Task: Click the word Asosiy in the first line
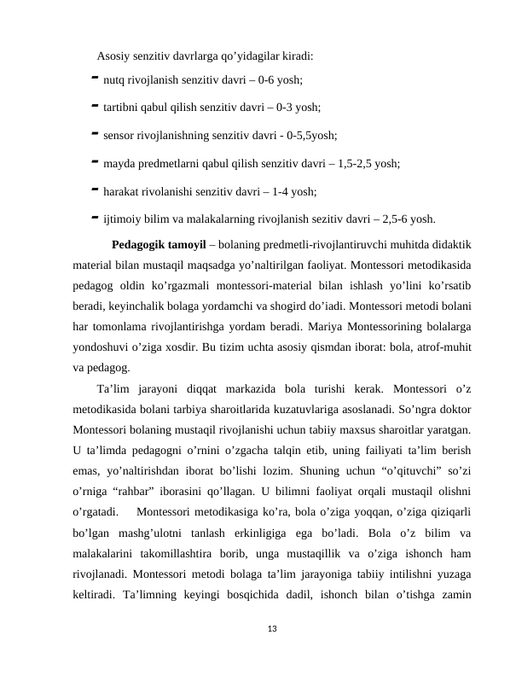tap(114, 57)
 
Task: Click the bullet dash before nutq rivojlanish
tap(92, 81)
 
